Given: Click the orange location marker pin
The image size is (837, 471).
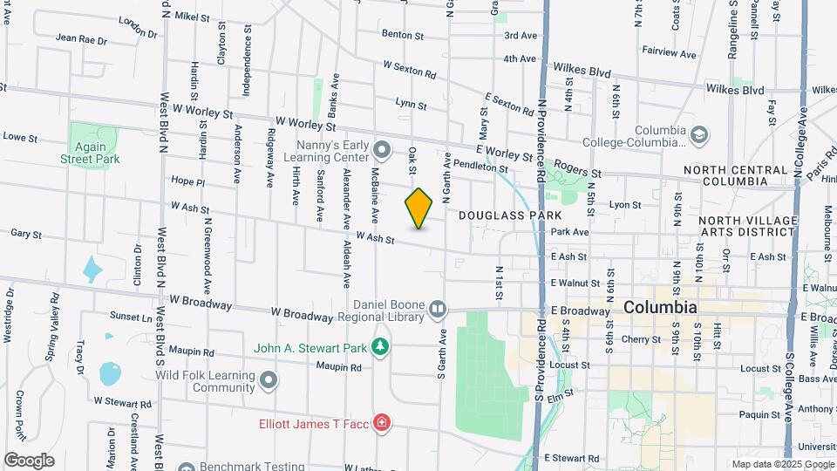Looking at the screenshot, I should click(419, 208).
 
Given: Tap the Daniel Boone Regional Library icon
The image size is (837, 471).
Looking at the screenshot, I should click(439, 308).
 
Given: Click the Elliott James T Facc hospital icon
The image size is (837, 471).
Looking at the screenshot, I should click(381, 424).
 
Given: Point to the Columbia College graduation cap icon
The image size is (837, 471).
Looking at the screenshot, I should click(698, 135).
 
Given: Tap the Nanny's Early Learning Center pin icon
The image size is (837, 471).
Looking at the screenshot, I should click(382, 146).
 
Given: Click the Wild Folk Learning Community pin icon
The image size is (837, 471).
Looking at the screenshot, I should click(269, 379).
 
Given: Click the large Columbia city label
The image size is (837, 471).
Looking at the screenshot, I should click(660, 308).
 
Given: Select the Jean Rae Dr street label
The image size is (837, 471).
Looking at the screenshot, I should click(80, 39).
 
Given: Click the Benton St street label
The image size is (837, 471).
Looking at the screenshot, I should click(402, 36).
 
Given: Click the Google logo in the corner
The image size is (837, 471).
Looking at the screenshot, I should click(29, 461).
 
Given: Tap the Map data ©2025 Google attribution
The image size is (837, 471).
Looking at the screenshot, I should click(781, 464).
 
